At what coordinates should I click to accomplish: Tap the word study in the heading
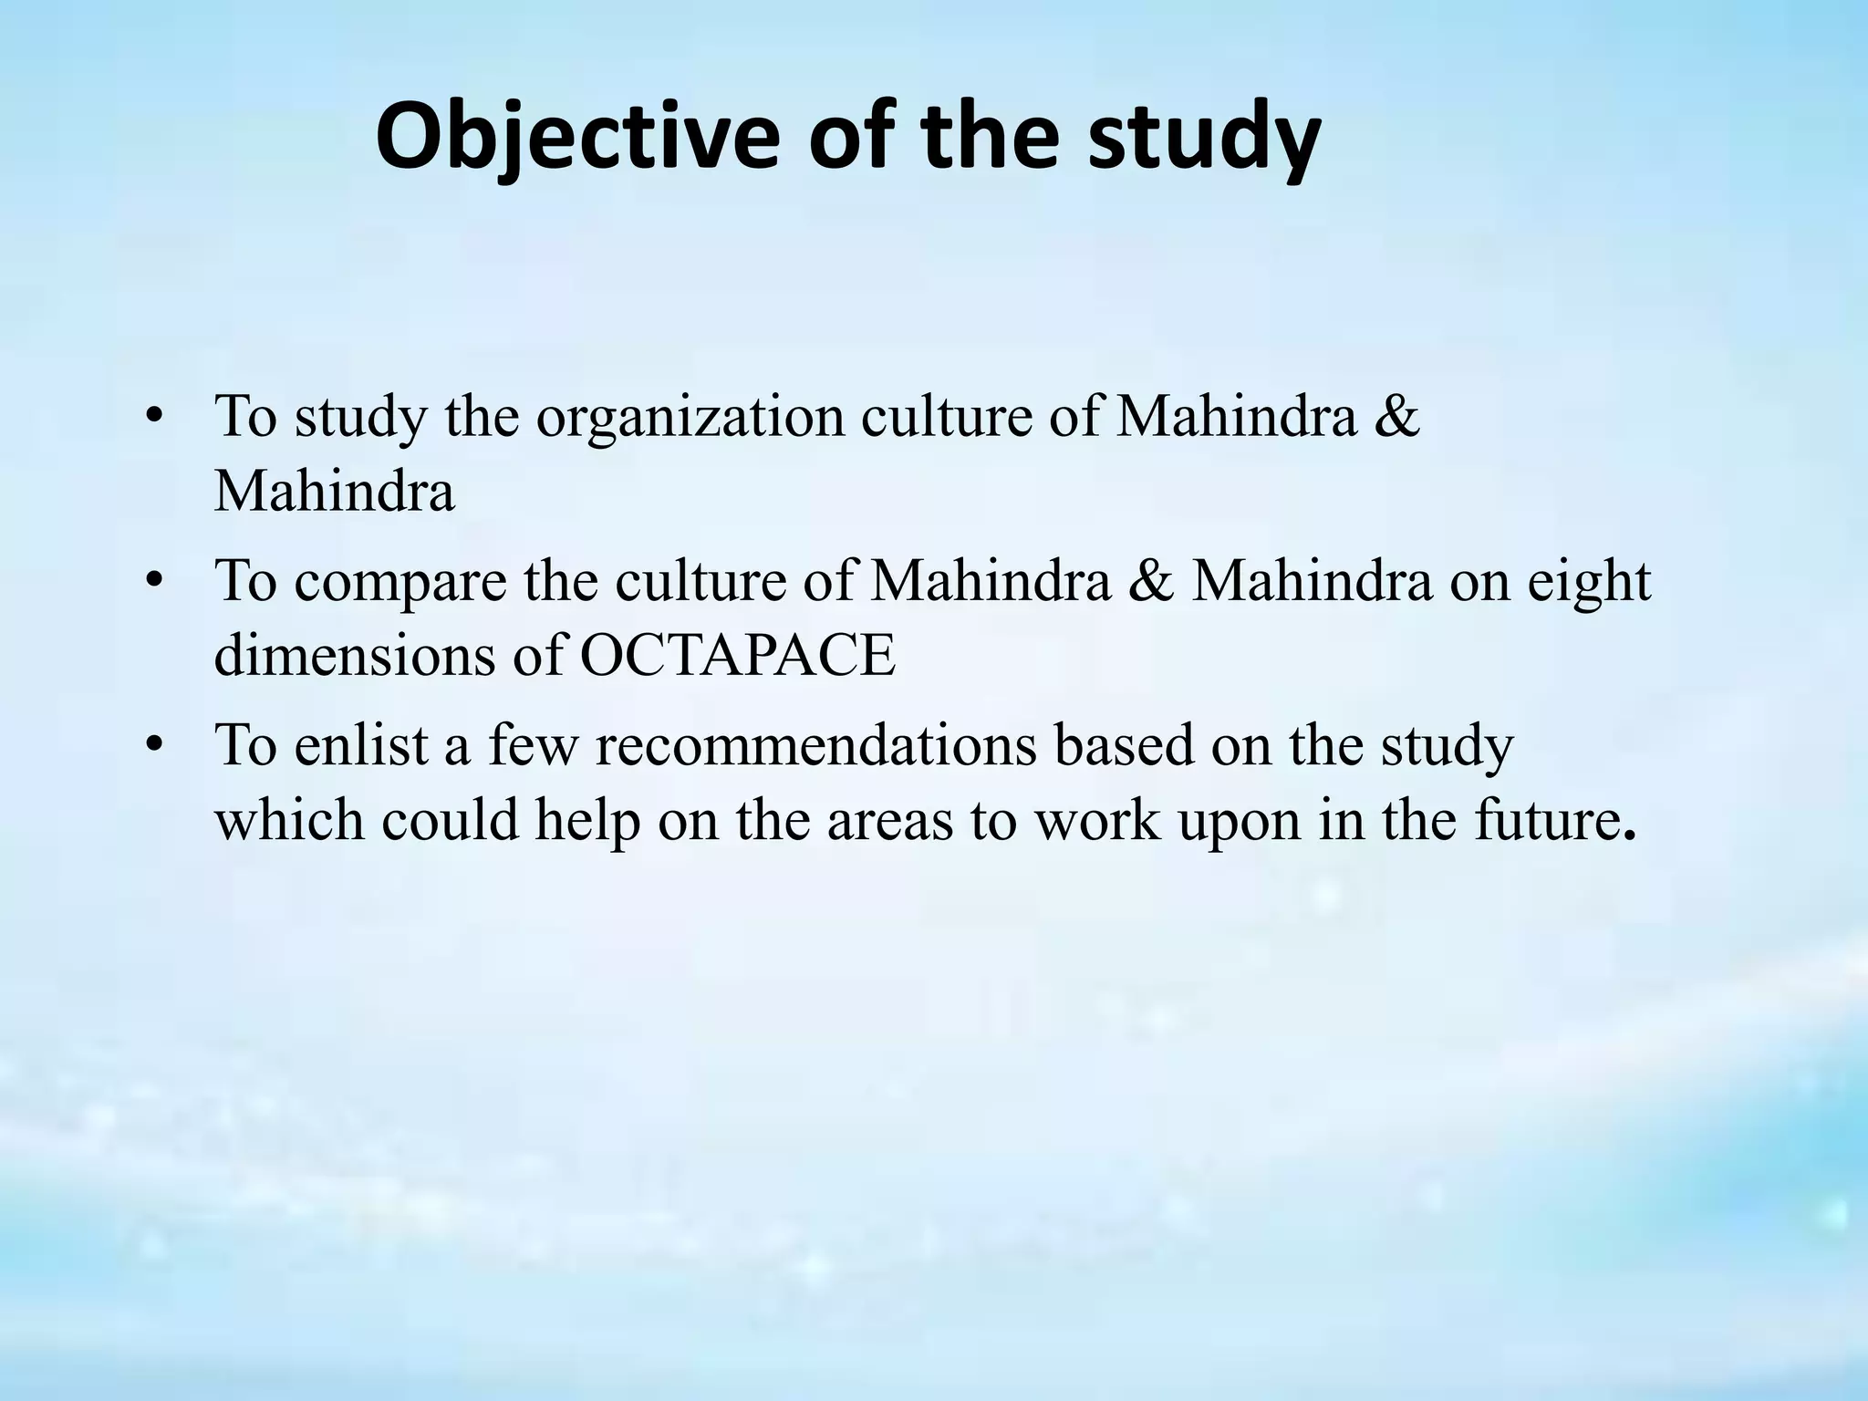click(1204, 137)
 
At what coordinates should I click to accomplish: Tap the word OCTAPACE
click(738, 655)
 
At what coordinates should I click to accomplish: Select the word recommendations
click(816, 745)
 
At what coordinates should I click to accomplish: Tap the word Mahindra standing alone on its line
click(334, 492)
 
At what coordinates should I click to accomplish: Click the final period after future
click(1630, 834)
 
